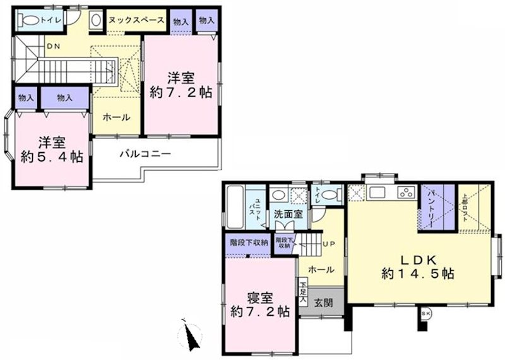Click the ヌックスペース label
[x=136, y=20]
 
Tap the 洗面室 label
[x=288, y=214]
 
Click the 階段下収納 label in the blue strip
[x=249, y=242]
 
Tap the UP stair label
[x=328, y=244]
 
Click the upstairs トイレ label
[x=50, y=20]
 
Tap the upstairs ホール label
[x=117, y=117]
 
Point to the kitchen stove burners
[x=405, y=193]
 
